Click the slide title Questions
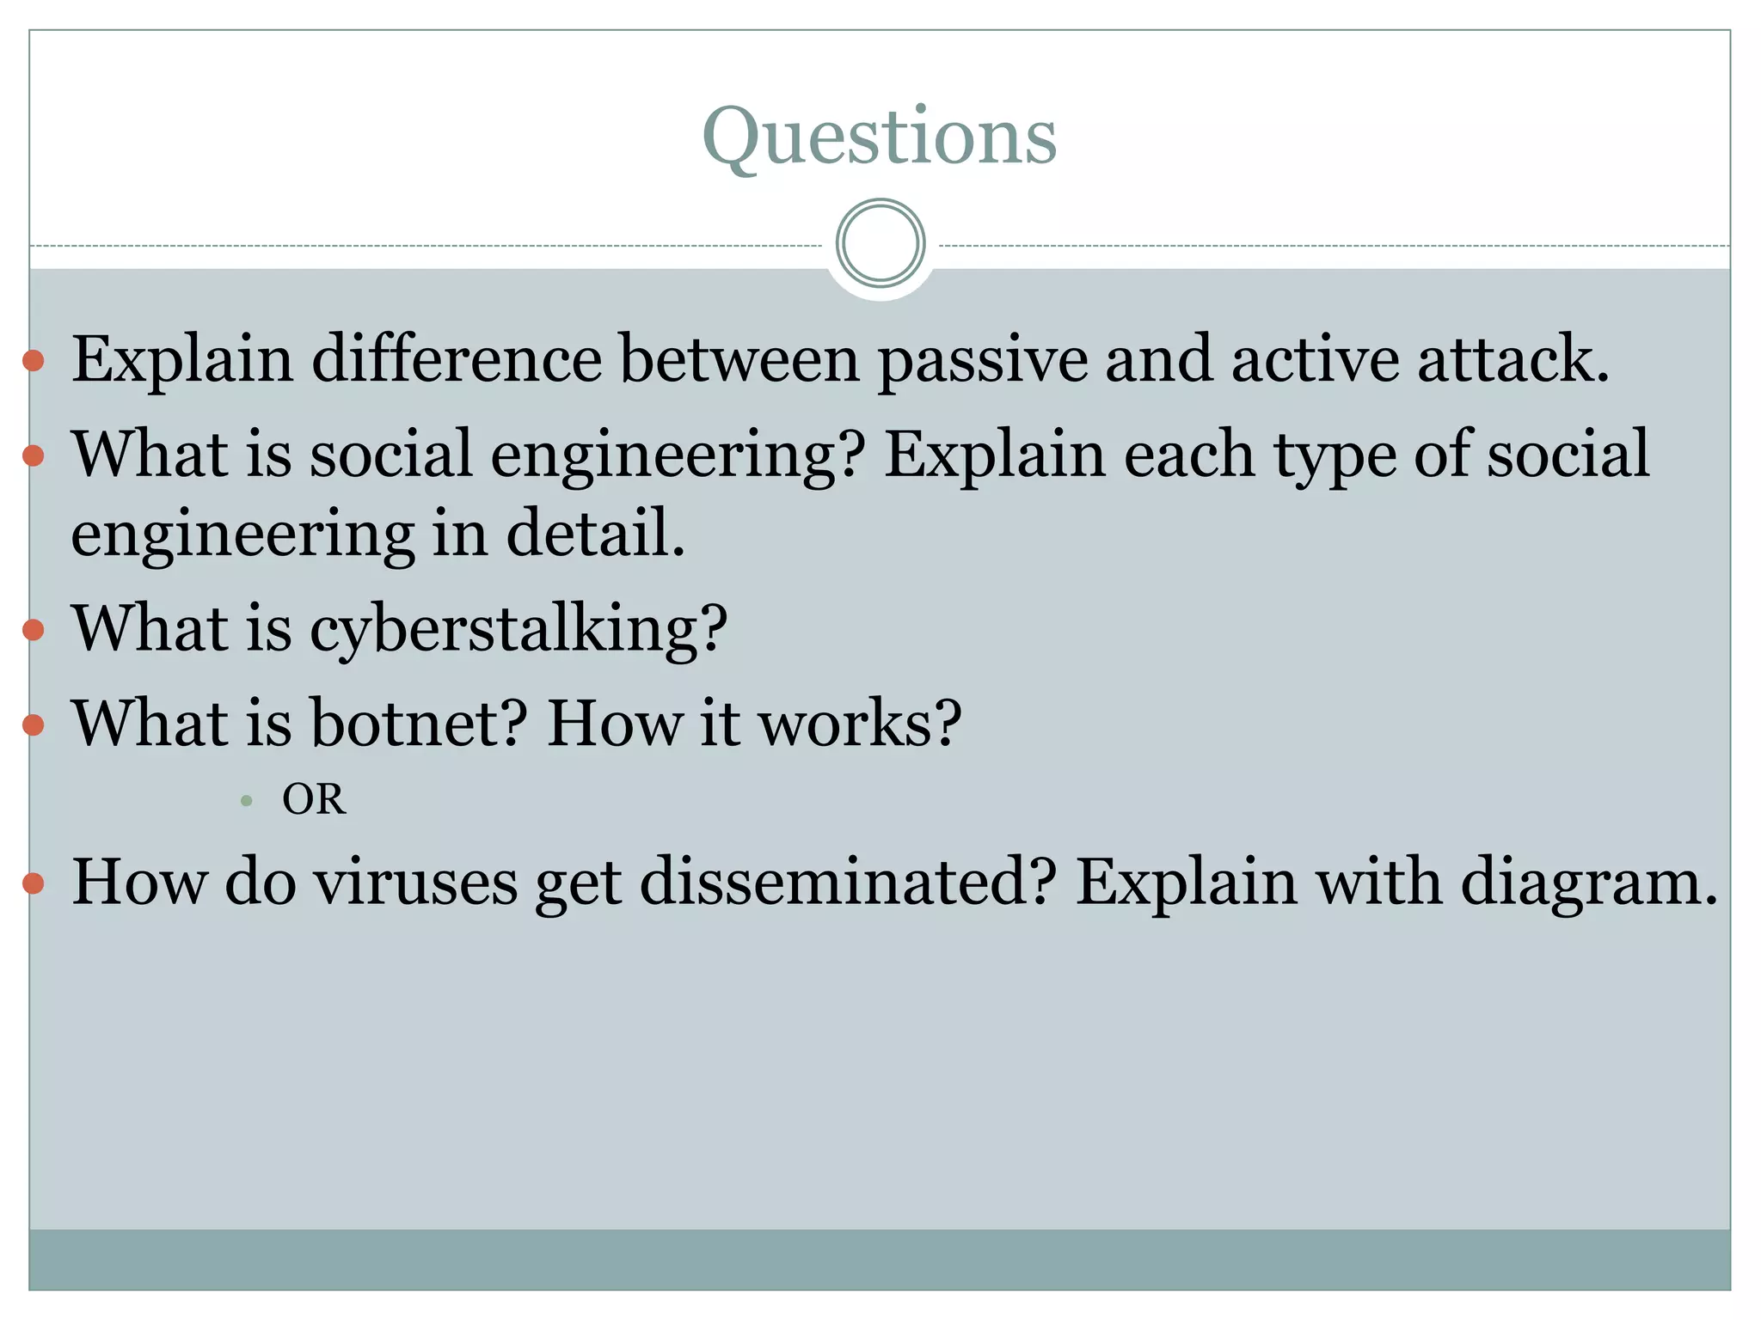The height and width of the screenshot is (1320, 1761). (x=879, y=137)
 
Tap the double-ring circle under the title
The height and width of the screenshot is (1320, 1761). (x=880, y=243)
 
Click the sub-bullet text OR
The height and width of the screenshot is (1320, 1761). (x=314, y=800)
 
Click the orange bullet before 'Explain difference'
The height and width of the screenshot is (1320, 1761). (x=34, y=360)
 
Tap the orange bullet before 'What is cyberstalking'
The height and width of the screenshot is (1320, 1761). (x=34, y=630)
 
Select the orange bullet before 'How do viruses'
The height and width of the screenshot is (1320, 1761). (x=34, y=883)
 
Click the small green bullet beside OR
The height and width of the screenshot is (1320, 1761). (x=247, y=801)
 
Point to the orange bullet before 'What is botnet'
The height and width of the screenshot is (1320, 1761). (x=34, y=724)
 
